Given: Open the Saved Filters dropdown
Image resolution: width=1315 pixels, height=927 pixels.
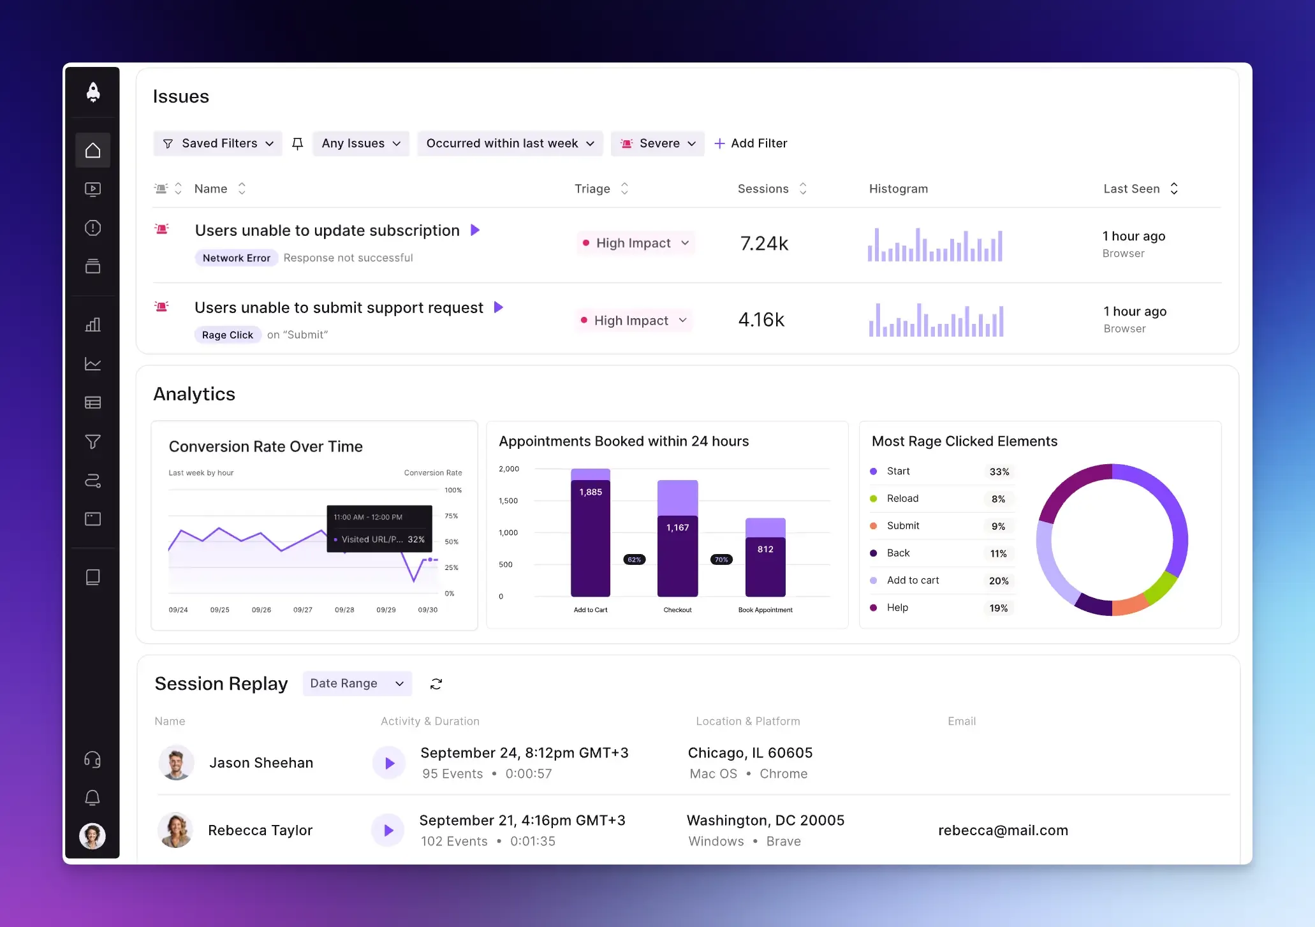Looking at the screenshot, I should (x=217, y=143).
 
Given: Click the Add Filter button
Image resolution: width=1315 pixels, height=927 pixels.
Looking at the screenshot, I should (x=751, y=143).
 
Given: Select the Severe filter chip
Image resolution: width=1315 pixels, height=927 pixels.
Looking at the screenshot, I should (x=657, y=143).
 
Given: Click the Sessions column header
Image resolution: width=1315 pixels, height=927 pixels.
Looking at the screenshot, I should (x=763, y=189).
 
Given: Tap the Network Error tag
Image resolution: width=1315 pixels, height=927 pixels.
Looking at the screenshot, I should (x=236, y=258).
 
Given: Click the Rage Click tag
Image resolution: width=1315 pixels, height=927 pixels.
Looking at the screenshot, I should (x=227, y=335).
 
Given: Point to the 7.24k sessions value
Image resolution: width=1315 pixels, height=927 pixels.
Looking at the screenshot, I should (x=764, y=243).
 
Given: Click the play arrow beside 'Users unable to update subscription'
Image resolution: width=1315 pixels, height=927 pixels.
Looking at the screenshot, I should (x=475, y=230).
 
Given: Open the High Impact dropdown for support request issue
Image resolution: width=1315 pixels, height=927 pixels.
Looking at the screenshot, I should (x=633, y=321).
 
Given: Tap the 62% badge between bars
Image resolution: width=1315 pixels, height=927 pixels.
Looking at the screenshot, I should (x=634, y=560).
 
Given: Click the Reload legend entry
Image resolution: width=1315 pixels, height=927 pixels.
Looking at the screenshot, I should (x=902, y=499).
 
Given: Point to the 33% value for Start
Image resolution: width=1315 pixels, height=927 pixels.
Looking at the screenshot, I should (x=999, y=472).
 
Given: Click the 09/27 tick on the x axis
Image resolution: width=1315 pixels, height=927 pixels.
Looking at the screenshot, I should (x=303, y=610).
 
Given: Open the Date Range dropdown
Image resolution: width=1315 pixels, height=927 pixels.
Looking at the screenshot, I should (x=356, y=683).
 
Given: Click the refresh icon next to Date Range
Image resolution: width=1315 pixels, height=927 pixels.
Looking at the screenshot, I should (x=436, y=684).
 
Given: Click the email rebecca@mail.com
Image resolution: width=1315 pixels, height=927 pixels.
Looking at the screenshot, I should (x=1003, y=830).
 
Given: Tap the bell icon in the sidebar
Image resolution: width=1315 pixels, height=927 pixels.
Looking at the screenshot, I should (x=92, y=798).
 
